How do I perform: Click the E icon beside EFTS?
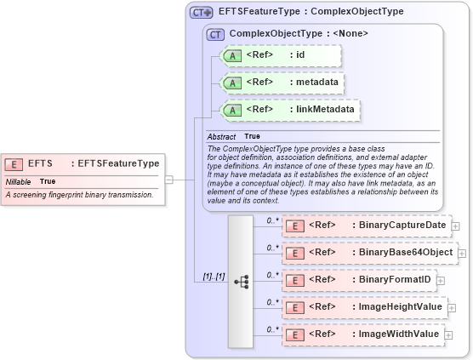(x=14, y=164)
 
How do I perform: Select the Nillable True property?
(x=31, y=181)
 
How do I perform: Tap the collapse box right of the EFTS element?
(x=168, y=180)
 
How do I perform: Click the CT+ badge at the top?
(x=201, y=12)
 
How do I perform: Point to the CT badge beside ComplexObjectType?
(x=215, y=34)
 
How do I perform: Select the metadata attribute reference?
(x=281, y=83)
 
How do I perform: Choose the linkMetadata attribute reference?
(x=289, y=110)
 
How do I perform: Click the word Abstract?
(x=221, y=136)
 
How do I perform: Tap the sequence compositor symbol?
(x=241, y=282)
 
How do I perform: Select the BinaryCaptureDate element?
(x=366, y=226)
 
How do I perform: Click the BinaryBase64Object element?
(x=369, y=253)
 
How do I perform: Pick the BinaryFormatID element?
(x=358, y=280)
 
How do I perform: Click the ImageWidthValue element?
(x=362, y=334)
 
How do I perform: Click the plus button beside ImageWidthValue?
(x=448, y=335)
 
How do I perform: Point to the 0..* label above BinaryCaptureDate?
(x=272, y=220)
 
